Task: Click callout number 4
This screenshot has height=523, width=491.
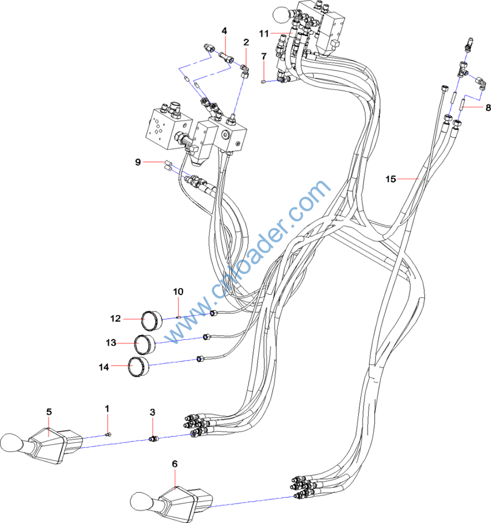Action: [x=224, y=31]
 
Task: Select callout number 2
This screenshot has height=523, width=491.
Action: [x=246, y=42]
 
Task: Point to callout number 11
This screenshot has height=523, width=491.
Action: [x=263, y=33]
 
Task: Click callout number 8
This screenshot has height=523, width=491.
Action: [x=488, y=108]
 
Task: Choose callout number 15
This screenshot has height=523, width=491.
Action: [x=390, y=179]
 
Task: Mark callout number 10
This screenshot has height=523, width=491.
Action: [x=178, y=292]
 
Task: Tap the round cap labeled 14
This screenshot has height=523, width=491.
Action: [x=138, y=367]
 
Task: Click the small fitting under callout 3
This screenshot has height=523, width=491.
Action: [x=153, y=438]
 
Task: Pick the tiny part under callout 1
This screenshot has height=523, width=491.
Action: [x=108, y=435]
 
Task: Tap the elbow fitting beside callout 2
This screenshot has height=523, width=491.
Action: [x=245, y=68]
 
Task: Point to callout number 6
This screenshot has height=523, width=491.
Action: [x=175, y=464]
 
